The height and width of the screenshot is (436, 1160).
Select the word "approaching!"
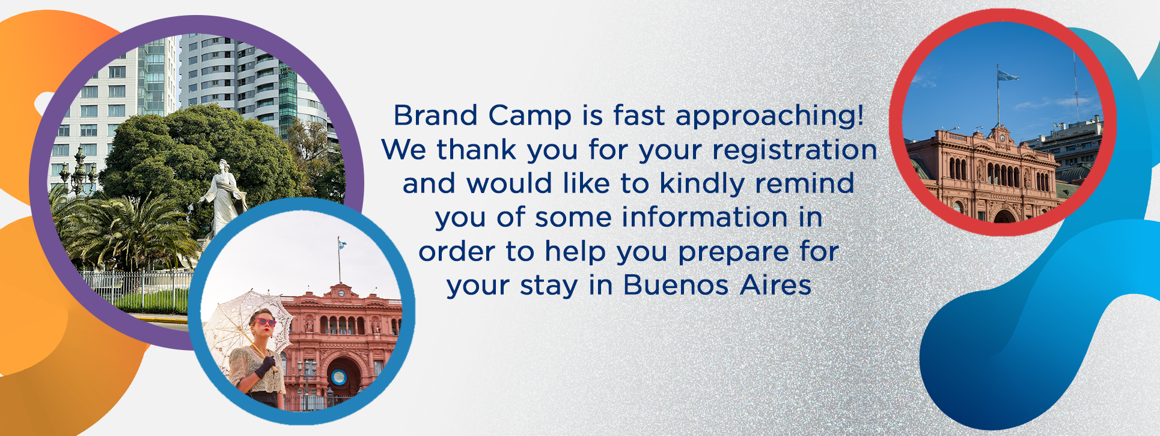pos(770,116)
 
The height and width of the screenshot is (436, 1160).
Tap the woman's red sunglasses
pos(264,322)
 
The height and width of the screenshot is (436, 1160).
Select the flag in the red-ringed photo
pos(1007,75)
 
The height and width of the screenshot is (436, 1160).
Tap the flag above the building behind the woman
pos(342,244)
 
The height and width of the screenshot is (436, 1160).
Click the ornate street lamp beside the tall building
pos(79,171)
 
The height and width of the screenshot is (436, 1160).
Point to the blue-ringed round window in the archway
pos(339,377)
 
